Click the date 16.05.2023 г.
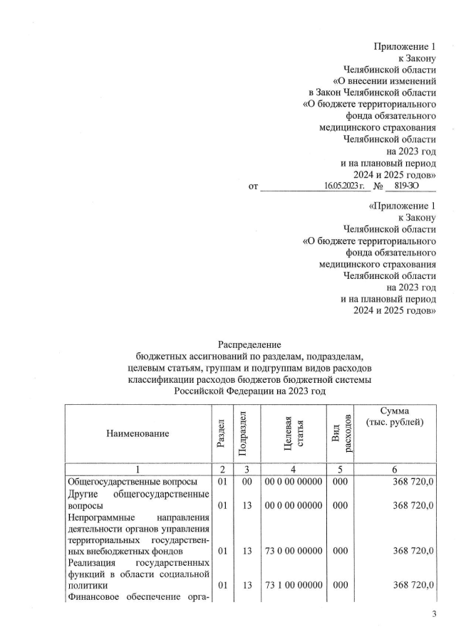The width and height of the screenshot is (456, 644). point(343,186)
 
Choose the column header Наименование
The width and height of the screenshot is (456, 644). point(138,433)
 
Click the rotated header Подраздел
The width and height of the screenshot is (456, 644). point(243,433)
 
